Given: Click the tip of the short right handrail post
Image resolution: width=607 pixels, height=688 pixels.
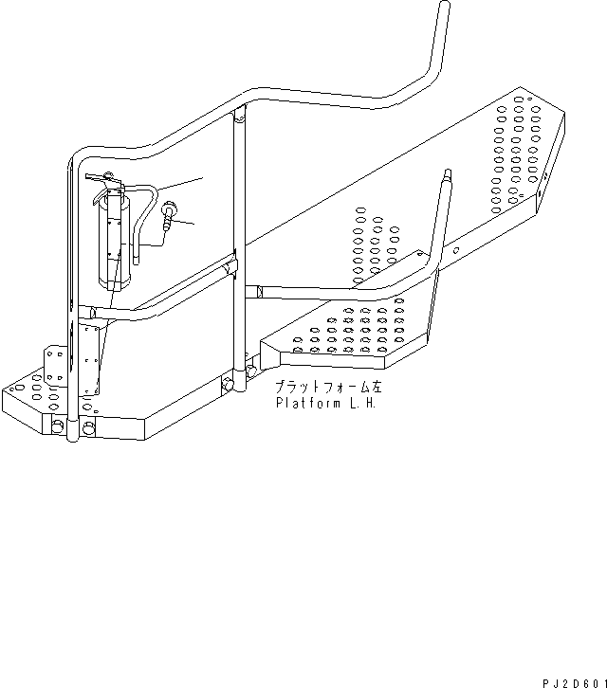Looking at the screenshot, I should coord(445,175).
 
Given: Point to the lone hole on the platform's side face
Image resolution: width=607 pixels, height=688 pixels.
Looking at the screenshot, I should coord(456,250).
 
